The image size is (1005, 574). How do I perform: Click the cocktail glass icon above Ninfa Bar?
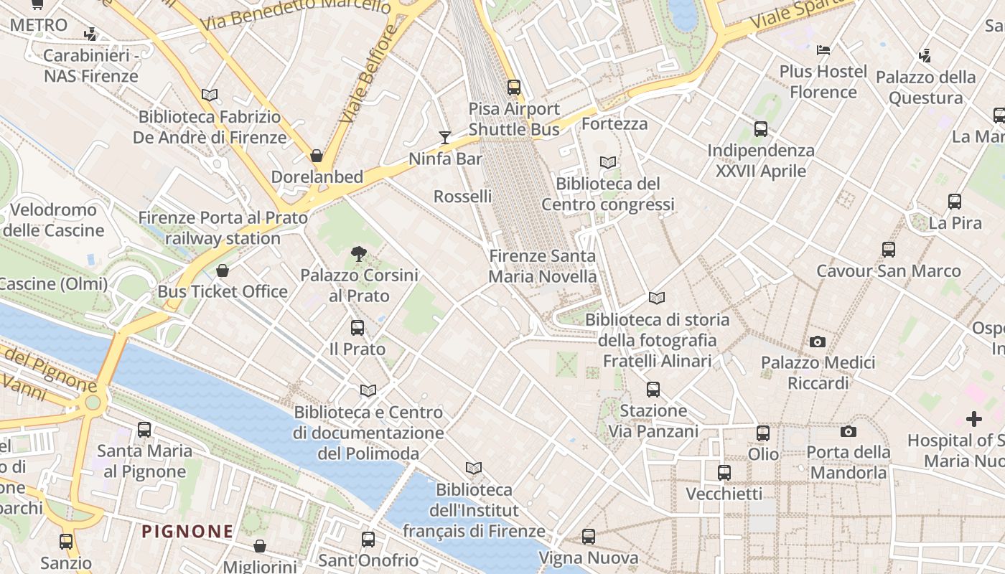coord(445,137)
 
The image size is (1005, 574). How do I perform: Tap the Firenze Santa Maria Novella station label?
coord(542,266)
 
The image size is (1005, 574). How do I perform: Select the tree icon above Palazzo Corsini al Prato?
coord(358,253)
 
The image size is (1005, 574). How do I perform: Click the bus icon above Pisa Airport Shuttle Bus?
coord(514,88)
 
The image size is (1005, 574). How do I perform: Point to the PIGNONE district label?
coord(187,532)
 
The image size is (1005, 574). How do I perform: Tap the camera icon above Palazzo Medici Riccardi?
coord(817,342)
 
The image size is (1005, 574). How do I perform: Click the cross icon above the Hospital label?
coord(974,418)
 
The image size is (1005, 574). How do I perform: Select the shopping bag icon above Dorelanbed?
coord(317,156)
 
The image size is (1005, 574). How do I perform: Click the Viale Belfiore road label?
coord(370,74)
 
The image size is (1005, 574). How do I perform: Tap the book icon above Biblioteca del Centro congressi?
coord(608,163)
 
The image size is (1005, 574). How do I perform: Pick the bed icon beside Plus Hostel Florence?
coord(823,50)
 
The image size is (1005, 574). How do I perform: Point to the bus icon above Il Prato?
coord(357,328)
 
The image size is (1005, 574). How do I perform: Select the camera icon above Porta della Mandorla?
coord(849,431)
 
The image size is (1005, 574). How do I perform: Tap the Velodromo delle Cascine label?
coord(54,220)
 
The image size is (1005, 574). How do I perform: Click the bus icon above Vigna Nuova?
coord(589,537)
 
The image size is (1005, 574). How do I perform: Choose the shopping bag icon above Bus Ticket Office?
coord(223,270)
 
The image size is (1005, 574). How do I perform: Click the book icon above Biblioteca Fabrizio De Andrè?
coord(210,95)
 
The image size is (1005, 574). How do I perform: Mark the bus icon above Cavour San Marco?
coord(889,250)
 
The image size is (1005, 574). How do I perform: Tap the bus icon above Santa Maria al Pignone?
coord(144,430)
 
